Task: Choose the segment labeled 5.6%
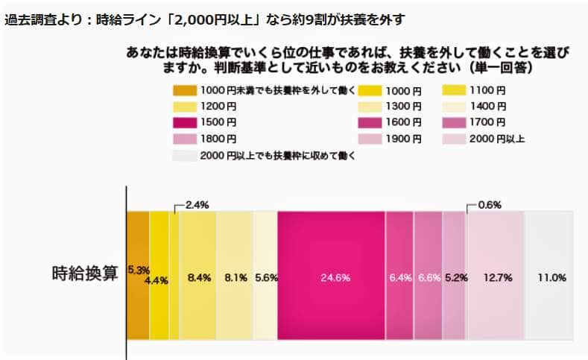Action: [265, 277]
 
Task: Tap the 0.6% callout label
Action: [489, 204]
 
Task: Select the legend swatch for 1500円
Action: [184, 122]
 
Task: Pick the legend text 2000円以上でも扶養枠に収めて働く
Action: [276, 155]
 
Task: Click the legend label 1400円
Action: [489, 106]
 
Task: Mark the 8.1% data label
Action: [236, 277]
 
